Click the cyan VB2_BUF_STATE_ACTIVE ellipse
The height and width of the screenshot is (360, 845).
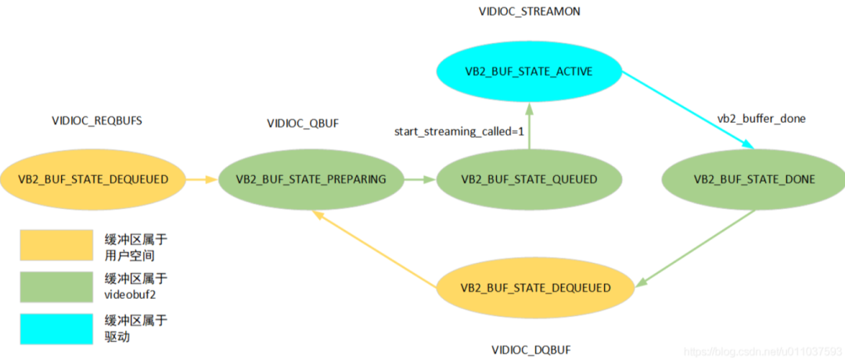tap(529, 72)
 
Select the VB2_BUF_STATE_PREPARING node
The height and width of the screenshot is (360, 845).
tap(311, 179)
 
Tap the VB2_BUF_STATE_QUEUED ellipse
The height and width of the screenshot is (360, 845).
tap(529, 179)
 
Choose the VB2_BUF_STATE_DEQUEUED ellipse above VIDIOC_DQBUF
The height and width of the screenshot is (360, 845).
tap(536, 288)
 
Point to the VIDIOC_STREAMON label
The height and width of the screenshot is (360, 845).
tap(529, 13)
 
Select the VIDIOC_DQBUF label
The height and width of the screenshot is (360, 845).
tap(536, 348)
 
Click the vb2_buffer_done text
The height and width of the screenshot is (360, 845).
tap(761, 119)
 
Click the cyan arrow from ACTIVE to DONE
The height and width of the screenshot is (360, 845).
tap(689, 109)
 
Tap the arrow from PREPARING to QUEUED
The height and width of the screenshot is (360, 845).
tap(419, 179)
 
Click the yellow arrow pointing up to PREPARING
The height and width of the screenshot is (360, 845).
tap(375, 247)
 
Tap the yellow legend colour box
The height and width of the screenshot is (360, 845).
tap(56, 244)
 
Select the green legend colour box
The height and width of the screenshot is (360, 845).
tap(56, 287)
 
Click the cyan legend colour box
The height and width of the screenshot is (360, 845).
tap(56, 329)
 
